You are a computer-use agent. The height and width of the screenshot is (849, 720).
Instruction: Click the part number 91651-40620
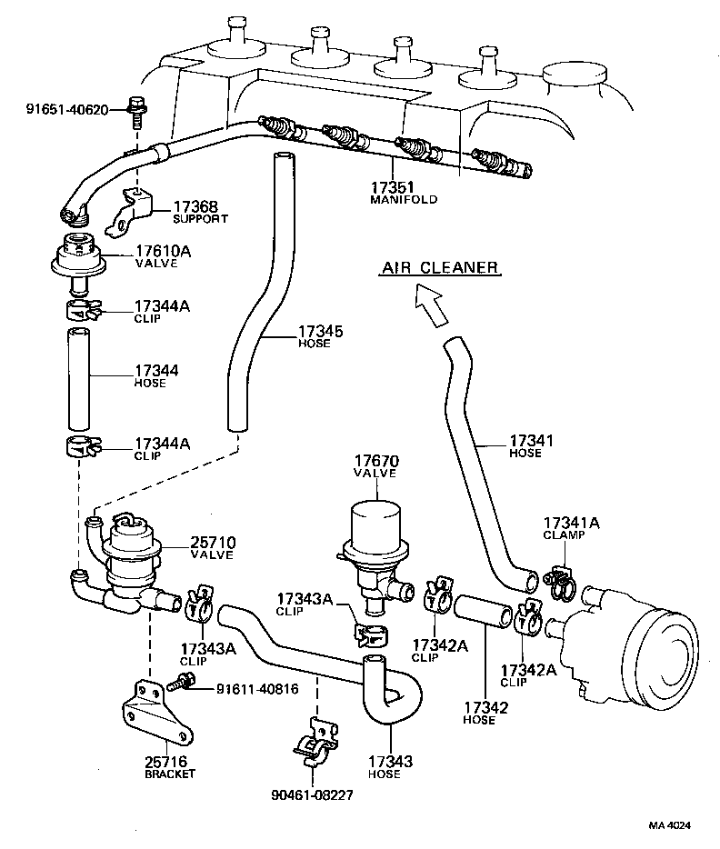pos(66,110)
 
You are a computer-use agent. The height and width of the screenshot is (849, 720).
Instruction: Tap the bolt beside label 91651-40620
pos(137,109)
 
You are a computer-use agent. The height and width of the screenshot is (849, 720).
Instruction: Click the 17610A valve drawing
pos(79,259)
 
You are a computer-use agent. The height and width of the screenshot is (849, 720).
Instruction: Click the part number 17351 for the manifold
pos(392,188)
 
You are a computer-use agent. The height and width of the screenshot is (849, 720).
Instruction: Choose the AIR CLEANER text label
pos(439,267)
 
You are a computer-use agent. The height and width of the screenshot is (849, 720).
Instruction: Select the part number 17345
pos(321,332)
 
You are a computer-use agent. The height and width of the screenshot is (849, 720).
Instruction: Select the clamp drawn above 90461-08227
pos(314,741)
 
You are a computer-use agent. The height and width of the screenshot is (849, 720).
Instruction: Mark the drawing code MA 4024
pos(669,825)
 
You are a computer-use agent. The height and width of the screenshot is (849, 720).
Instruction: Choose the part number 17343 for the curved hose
pos(391,762)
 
